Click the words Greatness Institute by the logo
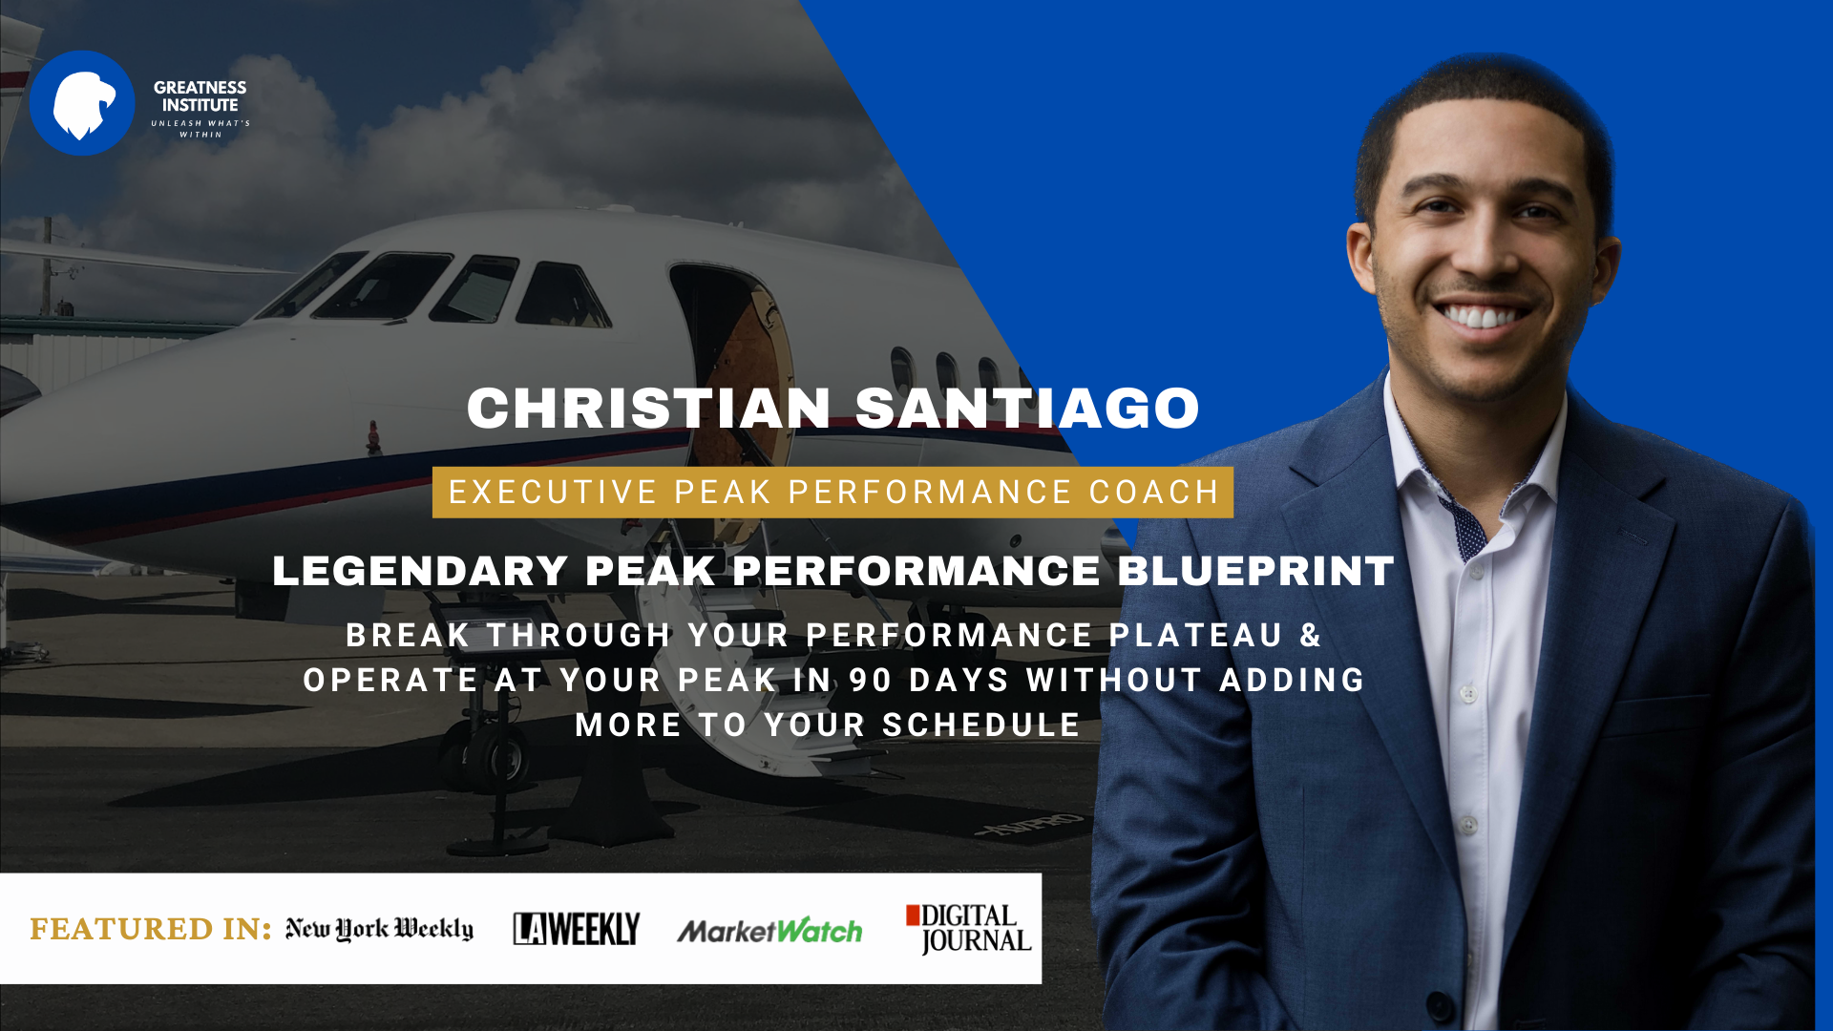(x=200, y=95)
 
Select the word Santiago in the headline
(x=1027, y=409)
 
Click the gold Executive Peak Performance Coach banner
(x=832, y=493)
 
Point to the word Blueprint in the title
(x=1255, y=571)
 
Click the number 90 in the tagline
(x=871, y=681)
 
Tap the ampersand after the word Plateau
(x=1311, y=636)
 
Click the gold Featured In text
(x=151, y=929)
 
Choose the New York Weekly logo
(x=379, y=929)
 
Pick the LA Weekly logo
(x=577, y=929)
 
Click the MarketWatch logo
(x=769, y=930)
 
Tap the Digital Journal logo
(x=969, y=929)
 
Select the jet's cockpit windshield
(x=382, y=286)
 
